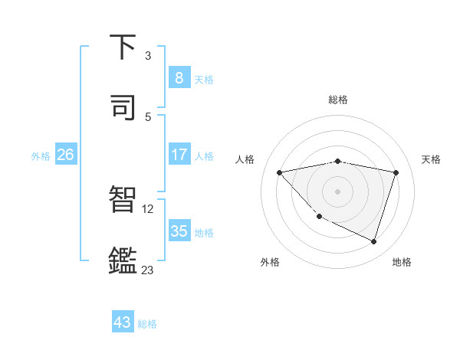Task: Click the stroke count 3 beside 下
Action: click(x=148, y=56)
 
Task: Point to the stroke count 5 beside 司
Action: click(x=148, y=116)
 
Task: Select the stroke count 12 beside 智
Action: click(x=149, y=208)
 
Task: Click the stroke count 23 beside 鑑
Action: click(x=148, y=270)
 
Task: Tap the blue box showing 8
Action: click(x=179, y=77)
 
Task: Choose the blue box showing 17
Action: click(x=179, y=155)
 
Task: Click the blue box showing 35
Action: click(x=179, y=231)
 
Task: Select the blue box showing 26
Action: click(x=65, y=155)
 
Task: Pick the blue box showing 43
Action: click(x=123, y=322)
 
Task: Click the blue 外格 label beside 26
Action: click(x=41, y=155)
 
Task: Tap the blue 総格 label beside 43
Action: click(x=147, y=324)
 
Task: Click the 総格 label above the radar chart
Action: click(x=338, y=100)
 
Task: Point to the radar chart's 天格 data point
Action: click(x=396, y=172)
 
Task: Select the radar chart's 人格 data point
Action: click(x=280, y=172)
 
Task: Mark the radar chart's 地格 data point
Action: click(x=373, y=241)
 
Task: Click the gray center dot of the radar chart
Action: click(x=338, y=191)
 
